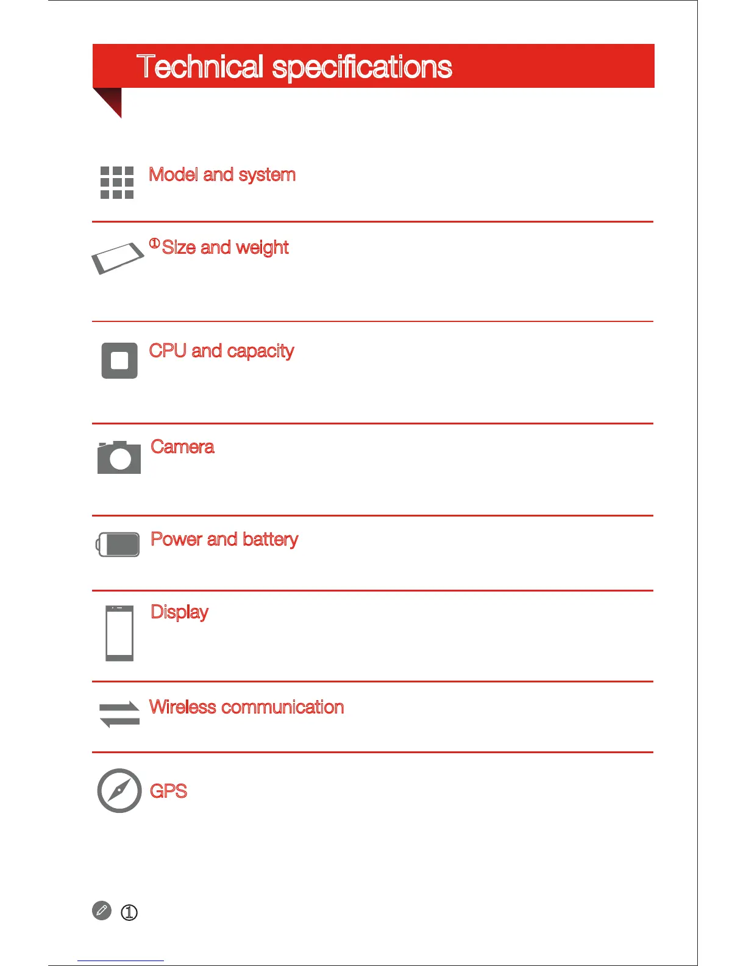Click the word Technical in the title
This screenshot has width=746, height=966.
coord(200,66)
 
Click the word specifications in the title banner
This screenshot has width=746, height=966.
coord(362,68)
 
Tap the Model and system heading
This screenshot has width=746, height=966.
coord(222,175)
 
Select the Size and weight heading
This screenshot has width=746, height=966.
coord(225,248)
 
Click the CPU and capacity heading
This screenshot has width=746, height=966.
coord(221,351)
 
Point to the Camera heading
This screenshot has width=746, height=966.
coord(182,447)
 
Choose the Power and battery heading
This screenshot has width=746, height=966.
coord(224,540)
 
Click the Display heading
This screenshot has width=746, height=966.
coord(179,612)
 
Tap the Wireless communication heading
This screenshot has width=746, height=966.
coord(247,707)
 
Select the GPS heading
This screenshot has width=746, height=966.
coord(168,792)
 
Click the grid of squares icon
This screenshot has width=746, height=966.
coord(117,182)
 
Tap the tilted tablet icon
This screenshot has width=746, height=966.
coord(117,258)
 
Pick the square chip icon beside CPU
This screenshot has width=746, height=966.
coord(119,360)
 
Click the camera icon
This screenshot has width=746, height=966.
coord(119,457)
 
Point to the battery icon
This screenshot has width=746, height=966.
coord(118,545)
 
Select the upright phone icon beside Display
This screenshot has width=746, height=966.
coord(119,633)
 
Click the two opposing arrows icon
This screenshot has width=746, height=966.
coord(119,714)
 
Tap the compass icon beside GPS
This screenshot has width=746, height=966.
coord(119,791)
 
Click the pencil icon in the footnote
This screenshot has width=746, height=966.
coord(102,911)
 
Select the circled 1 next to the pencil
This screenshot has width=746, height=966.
coord(129,913)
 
